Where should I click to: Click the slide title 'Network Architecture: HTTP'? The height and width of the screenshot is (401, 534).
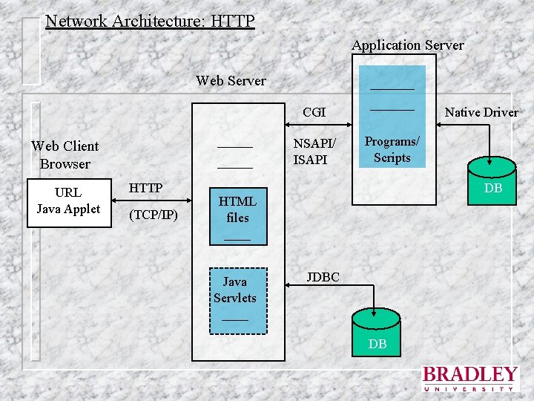pyautogui.click(x=149, y=20)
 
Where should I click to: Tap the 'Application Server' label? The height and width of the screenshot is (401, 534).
pyautogui.click(x=407, y=45)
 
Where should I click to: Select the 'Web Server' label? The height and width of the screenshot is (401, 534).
pyautogui.click(x=231, y=80)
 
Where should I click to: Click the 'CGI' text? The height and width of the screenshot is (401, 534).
pyautogui.click(x=314, y=112)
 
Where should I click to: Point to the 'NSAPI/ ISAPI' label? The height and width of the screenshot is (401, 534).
pyautogui.click(x=314, y=151)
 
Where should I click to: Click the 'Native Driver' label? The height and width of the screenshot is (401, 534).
pyautogui.click(x=481, y=112)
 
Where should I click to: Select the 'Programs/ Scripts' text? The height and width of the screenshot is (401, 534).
pyautogui.click(x=392, y=149)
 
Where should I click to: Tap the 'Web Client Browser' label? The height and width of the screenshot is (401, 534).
pyautogui.click(x=65, y=154)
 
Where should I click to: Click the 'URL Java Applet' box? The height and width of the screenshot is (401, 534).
pyautogui.click(x=68, y=201)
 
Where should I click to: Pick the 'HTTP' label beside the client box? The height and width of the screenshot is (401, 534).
pyautogui.click(x=145, y=188)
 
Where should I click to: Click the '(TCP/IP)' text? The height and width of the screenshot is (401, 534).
pyautogui.click(x=153, y=215)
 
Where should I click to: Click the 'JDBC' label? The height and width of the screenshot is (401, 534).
pyautogui.click(x=323, y=277)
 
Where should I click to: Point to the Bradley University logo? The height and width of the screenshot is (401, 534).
pyautogui.click(x=469, y=378)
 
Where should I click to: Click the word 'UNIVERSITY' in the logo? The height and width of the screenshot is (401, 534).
pyautogui.click(x=469, y=388)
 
